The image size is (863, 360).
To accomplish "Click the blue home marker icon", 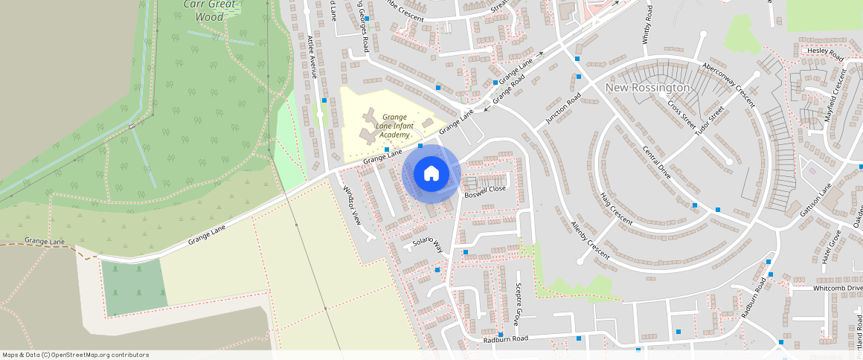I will (x=431, y=174).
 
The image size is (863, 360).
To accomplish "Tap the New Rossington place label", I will (x=648, y=88).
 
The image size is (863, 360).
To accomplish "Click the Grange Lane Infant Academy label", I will (x=394, y=126).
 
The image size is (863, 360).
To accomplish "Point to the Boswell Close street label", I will (x=485, y=190).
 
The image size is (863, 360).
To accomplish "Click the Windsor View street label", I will (x=351, y=205).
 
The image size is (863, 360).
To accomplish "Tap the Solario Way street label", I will (x=428, y=246).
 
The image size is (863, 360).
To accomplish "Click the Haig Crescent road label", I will (x=616, y=209).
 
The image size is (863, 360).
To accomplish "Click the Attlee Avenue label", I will (x=312, y=57).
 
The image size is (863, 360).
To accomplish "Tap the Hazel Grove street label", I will (x=830, y=247).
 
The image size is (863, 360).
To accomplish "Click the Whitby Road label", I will (x=647, y=25).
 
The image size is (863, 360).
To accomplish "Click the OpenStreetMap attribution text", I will (x=76, y=355).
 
